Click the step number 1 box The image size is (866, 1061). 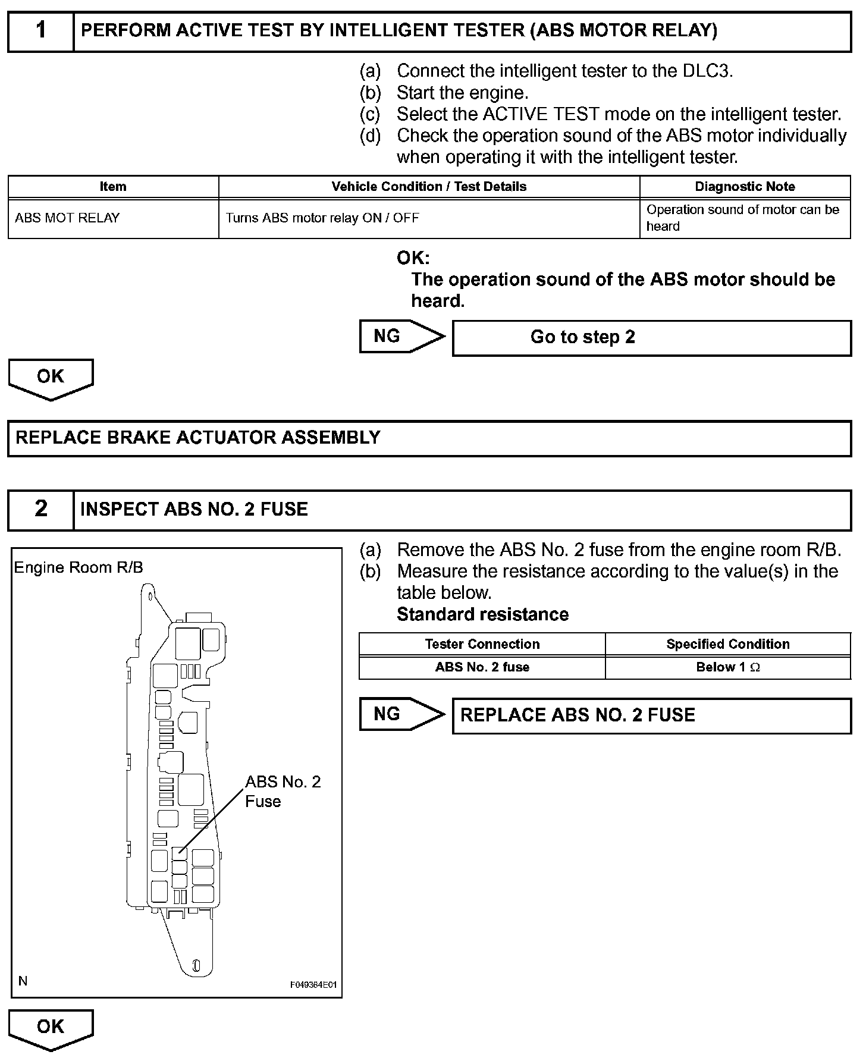pyautogui.click(x=40, y=31)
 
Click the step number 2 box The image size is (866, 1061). pyautogui.click(x=40, y=509)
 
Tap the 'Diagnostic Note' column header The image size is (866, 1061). pyautogui.click(x=745, y=187)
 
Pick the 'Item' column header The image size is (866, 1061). pyautogui.click(x=113, y=187)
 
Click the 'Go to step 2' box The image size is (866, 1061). pyautogui.click(x=651, y=338)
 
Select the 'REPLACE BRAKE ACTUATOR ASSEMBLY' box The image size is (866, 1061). pyautogui.click(x=429, y=438)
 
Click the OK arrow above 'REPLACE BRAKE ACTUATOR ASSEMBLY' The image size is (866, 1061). pyautogui.click(x=51, y=378)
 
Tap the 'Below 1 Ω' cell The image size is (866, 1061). pyautogui.click(x=728, y=667)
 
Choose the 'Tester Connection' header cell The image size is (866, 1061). pyautogui.click(x=482, y=644)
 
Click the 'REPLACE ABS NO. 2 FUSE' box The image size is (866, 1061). pyautogui.click(x=651, y=715)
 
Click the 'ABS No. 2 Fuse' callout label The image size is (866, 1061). pyautogui.click(x=283, y=791)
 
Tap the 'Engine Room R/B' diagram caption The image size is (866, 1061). pyautogui.click(x=79, y=567)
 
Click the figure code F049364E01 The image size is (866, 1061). pyautogui.click(x=313, y=985)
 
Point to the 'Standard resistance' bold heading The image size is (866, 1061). pyautogui.click(x=482, y=614)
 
